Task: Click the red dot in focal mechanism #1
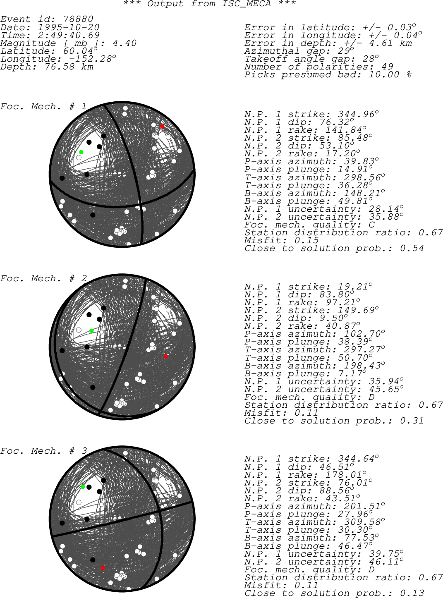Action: click(162, 127)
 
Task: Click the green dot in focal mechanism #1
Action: click(81, 152)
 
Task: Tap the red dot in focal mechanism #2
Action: click(165, 356)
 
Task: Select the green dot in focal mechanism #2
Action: click(91, 331)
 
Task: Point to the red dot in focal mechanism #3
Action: click(103, 568)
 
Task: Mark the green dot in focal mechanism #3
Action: click(83, 487)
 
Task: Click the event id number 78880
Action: click(78, 19)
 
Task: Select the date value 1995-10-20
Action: click(69, 27)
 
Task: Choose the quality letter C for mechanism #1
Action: click(371, 225)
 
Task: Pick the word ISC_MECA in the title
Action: click(247, 4)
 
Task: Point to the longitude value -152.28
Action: click(87, 59)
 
